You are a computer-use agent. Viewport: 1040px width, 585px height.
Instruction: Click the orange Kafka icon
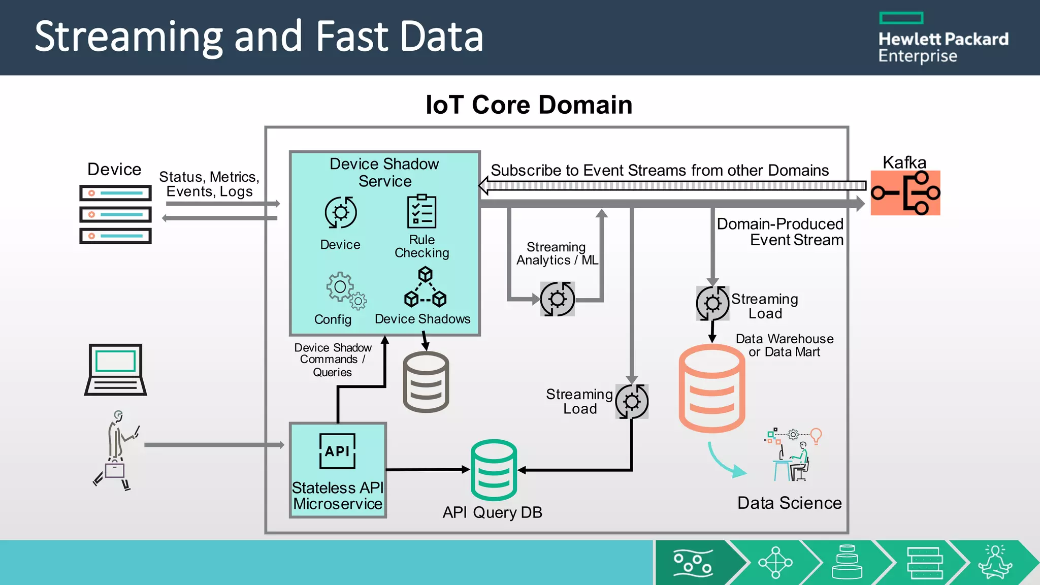point(905,193)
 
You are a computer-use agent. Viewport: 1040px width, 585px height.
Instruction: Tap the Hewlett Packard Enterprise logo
point(943,39)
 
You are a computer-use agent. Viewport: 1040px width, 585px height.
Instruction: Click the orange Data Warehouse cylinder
point(712,388)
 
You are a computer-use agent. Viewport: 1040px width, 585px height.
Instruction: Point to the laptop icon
point(116,370)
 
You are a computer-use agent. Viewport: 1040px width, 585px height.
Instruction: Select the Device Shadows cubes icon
point(425,288)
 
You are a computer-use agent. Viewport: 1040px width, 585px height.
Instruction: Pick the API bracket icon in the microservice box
point(337,451)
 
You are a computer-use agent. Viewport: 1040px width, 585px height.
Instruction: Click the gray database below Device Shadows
point(426,382)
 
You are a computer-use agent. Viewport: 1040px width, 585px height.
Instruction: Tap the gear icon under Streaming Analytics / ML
point(557,299)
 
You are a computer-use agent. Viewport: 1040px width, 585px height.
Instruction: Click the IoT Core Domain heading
point(529,105)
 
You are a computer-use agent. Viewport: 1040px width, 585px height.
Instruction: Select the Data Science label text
point(789,503)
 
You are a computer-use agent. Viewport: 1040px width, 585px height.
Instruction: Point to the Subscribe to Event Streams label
point(659,170)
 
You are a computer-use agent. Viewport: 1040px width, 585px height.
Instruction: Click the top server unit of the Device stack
point(115,193)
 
